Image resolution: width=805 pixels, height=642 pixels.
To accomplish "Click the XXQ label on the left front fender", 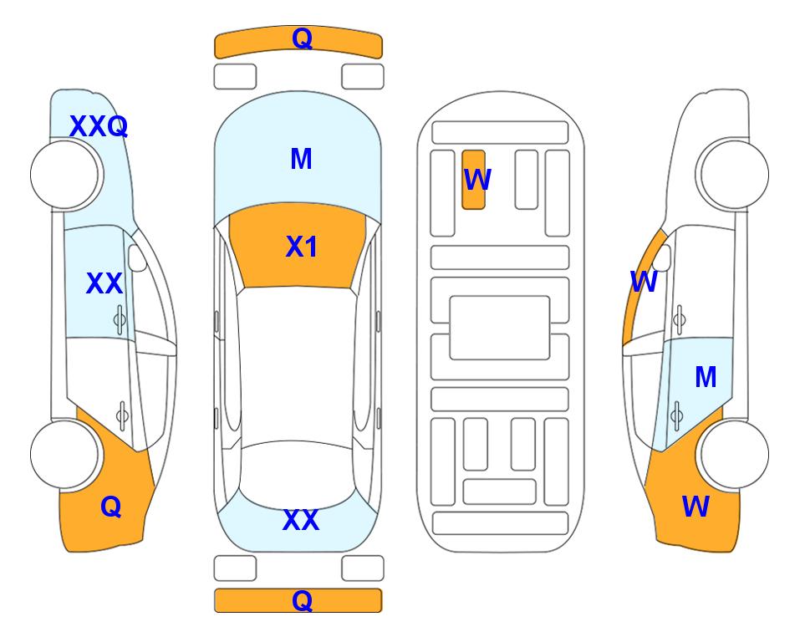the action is [x=98, y=126].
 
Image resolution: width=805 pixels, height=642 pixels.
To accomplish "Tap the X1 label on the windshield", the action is [x=302, y=247].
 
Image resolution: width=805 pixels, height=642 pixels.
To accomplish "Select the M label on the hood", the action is [x=301, y=159].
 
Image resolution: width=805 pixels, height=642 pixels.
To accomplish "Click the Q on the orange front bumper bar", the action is [x=302, y=38].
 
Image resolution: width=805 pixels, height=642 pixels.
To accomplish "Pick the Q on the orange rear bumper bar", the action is [x=302, y=600].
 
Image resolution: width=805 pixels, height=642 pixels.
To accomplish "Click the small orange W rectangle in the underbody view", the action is [x=473, y=180].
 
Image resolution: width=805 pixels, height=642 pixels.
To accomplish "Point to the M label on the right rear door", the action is [x=706, y=377].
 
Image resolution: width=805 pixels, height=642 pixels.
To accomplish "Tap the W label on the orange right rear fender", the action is [x=695, y=507].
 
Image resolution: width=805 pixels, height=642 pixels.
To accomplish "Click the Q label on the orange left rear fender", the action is [x=111, y=507].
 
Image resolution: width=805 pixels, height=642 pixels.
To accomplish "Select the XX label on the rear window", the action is [x=301, y=520].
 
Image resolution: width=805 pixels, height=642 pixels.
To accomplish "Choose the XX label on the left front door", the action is [x=104, y=283].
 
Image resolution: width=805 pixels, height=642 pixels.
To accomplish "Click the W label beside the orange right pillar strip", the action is [x=644, y=282].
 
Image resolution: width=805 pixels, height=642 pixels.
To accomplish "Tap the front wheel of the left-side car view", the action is [x=64, y=175].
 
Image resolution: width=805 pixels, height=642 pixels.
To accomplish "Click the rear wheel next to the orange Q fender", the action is [x=64, y=454].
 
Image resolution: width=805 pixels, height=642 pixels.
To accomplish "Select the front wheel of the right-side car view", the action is [x=734, y=175].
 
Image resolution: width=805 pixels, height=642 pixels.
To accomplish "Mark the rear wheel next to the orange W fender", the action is [x=734, y=454].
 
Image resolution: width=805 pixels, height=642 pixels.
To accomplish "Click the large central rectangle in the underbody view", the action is [x=500, y=328].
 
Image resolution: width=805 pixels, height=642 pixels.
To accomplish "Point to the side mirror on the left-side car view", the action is [x=137, y=257].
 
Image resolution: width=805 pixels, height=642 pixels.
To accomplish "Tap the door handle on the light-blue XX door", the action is [x=119, y=320].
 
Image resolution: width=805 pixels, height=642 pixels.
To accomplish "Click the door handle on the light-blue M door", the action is [x=677, y=415].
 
